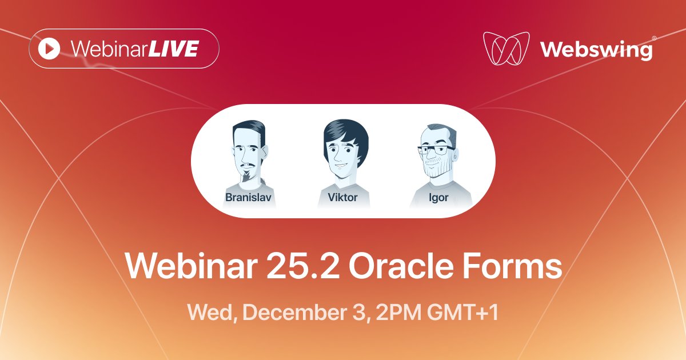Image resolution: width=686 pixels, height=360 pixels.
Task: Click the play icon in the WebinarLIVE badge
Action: click(49, 49)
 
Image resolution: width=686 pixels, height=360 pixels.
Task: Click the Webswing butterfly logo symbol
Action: click(505, 49)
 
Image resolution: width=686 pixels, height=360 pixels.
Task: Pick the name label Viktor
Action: click(343, 198)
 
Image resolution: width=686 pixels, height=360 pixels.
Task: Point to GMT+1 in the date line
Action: click(462, 313)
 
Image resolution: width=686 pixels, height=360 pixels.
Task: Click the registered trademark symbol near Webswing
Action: click(654, 38)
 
